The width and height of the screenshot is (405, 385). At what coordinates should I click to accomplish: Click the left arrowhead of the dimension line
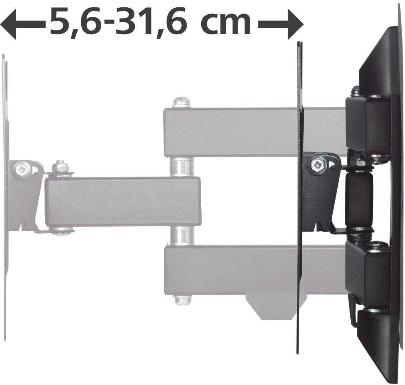[8, 25]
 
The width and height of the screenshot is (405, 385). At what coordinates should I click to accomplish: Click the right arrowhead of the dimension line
[296, 25]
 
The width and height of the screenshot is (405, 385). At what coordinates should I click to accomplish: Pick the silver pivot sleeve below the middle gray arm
[182, 236]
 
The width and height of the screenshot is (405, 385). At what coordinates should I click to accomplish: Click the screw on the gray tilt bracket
[22, 169]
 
